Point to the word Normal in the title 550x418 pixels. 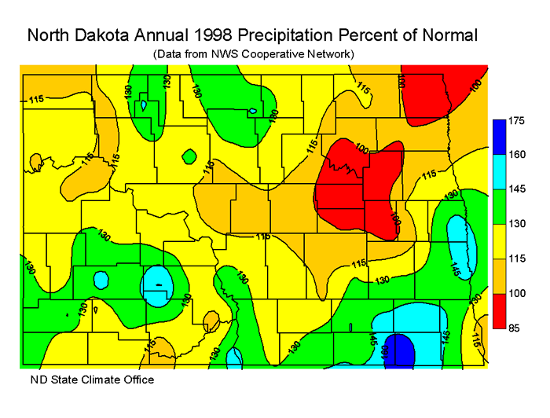449,35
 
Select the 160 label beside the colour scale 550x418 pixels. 515,155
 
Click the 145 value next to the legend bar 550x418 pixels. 515,189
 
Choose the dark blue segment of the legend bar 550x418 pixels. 498,137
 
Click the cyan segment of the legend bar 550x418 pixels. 498,171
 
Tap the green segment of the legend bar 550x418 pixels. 498,206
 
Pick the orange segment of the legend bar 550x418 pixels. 498,275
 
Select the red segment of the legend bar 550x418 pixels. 498,310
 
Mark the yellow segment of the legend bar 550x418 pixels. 498,240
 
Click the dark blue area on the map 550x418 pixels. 401,349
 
